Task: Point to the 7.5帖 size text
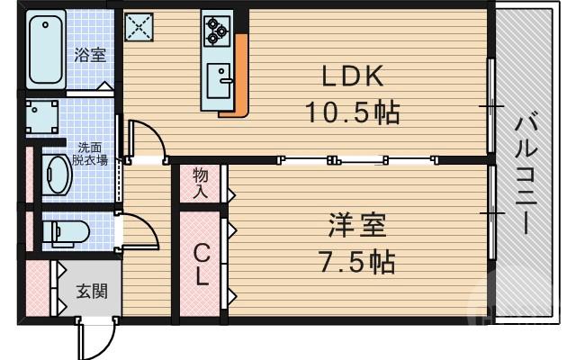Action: (x=357, y=262)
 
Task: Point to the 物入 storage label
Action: (x=200, y=183)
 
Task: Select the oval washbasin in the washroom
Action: (x=58, y=175)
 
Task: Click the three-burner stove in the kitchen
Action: (x=217, y=32)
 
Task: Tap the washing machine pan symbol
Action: (x=41, y=117)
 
